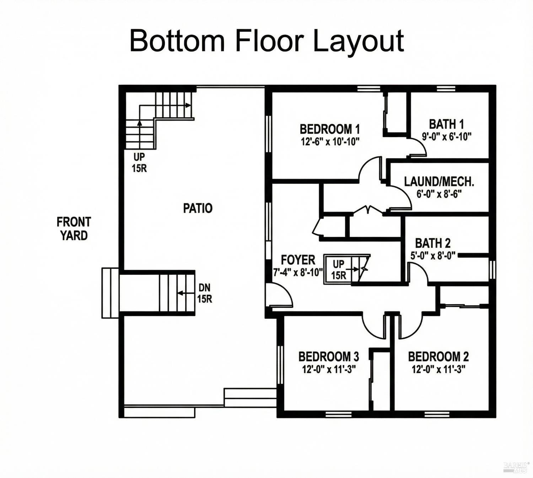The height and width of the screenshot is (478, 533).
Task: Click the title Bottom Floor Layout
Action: pos(266,41)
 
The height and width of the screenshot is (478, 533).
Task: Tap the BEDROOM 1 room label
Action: pos(330,129)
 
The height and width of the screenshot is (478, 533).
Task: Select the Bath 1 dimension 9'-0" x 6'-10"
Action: pos(447,136)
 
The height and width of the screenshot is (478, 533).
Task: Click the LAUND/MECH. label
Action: pos(439,182)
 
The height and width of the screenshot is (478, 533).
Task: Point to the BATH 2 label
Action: pos(433,243)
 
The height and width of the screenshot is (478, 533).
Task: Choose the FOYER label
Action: pos(298,260)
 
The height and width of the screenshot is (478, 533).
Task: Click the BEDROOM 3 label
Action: pos(329,356)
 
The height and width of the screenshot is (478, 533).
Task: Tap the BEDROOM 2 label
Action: pos(438,356)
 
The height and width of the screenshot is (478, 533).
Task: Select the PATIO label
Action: pos(198,208)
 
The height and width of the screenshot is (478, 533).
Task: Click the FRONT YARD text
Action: pos(74,229)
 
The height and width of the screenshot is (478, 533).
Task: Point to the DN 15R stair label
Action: pos(204,293)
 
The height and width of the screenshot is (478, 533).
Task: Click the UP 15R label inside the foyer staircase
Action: pos(338,269)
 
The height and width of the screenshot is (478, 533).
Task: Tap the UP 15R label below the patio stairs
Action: pos(139,162)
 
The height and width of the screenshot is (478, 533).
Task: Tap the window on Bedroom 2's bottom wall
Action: pos(437,414)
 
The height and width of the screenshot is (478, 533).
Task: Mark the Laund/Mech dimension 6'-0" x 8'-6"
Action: pos(439,194)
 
